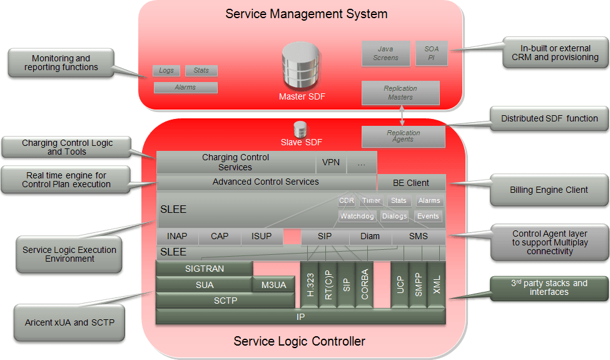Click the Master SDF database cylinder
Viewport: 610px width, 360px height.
301,65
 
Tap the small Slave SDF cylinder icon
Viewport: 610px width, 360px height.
300,130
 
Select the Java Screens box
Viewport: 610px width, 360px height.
386,53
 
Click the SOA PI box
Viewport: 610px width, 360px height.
432,53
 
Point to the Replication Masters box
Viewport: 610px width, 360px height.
400,93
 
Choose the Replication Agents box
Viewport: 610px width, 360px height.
404,136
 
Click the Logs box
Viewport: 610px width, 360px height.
166,71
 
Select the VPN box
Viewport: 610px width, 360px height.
331,162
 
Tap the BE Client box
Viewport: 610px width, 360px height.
411,183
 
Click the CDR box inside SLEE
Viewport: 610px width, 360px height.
347,200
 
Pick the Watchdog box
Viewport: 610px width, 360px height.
357,216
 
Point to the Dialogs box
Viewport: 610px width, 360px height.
395,216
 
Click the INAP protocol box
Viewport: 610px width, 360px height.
177,236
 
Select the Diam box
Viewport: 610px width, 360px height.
370,236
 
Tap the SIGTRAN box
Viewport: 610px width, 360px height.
204,269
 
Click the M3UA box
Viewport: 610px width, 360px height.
273,285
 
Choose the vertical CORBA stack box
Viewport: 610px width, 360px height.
365,284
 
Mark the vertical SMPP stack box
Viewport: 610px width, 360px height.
418,284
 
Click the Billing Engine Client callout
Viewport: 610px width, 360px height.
549,190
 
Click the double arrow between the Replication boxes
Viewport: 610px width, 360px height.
402,116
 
